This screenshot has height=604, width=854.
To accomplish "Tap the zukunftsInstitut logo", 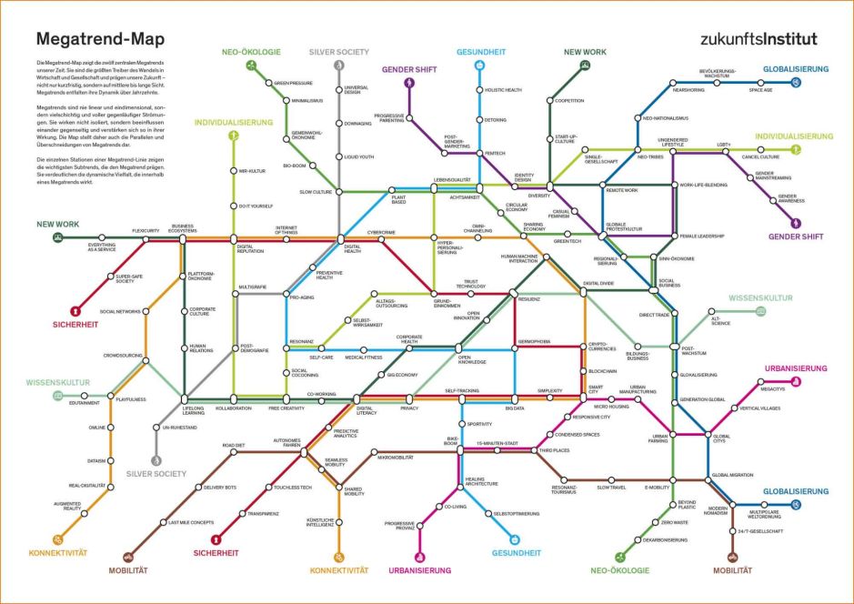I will [x=759, y=39].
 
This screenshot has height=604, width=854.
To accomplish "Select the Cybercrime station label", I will [x=381, y=232].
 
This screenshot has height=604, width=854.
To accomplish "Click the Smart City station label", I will [x=595, y=388].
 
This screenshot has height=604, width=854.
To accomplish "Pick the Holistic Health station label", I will [x=503, y=90].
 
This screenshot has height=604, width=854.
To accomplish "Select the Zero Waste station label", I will [x=674, y=522].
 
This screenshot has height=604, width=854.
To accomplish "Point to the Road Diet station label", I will [x=234, y=445].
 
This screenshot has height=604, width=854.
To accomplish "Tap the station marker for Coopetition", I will [x=550, y=100].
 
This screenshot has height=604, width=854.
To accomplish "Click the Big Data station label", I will [x=514, y=408].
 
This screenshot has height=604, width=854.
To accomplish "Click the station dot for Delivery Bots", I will [x=197, y=488].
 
